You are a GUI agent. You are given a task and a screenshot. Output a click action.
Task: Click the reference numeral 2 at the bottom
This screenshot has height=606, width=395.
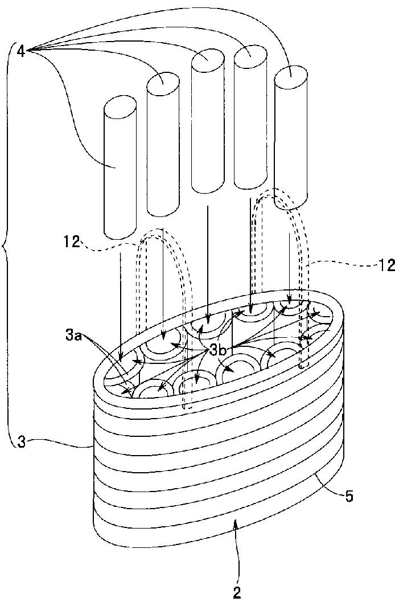click(237, 592)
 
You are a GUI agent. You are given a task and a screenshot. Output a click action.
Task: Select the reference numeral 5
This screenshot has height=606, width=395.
click(349, 496)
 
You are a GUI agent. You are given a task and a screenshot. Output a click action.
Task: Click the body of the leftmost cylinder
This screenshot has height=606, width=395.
click(120, 182)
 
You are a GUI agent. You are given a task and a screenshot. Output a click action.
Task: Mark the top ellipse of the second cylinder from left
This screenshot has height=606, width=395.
click(163, 83)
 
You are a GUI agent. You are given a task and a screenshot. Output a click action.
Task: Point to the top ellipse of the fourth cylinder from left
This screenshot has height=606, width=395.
click(250, 56)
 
